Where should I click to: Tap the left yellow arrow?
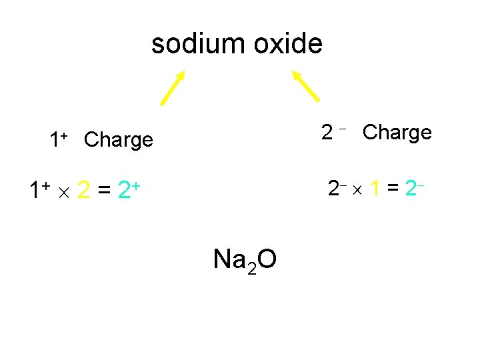point(173,88)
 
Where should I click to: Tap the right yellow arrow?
point(306,87)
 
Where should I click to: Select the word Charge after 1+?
point(119,140)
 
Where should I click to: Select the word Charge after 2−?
point(397,133)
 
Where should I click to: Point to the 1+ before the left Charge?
point(59,139)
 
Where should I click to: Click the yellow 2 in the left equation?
point(84,191)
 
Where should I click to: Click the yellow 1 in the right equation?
point(376,189)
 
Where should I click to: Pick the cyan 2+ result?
point(127,191)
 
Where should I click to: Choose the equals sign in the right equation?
point(393,189)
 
